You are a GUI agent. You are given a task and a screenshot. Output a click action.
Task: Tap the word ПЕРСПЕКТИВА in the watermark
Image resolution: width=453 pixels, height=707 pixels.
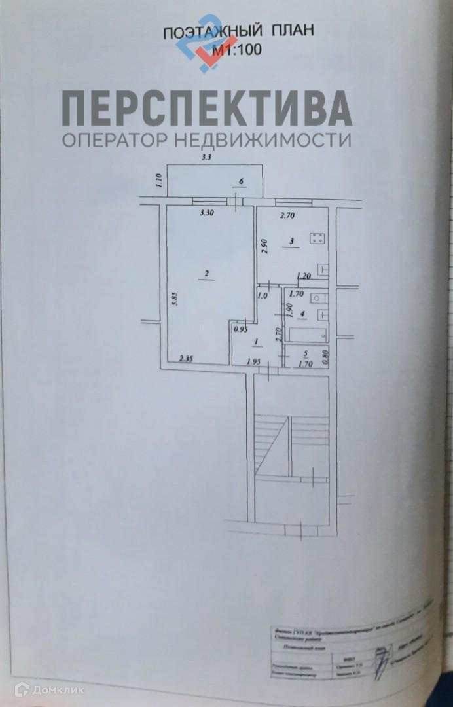[x=207, y=109]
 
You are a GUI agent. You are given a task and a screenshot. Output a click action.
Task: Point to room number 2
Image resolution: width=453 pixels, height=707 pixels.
[x=206, y=274]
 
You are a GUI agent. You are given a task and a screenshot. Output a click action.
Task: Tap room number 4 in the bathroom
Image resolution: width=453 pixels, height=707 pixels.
[x=302, y=314]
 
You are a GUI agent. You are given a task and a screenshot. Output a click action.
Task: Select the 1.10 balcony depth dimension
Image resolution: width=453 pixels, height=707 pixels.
[x=157, y=180]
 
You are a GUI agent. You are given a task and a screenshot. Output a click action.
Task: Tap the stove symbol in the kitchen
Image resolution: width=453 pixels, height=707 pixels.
[x=317, y=238]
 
